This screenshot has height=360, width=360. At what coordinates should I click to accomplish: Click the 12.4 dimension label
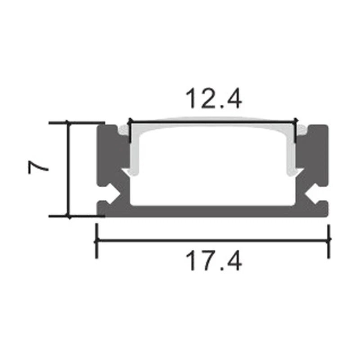click(213, 100)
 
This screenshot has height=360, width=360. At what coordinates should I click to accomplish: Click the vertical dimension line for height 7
click(68, 169)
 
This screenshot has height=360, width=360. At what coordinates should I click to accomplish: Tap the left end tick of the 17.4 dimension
click(96, 240)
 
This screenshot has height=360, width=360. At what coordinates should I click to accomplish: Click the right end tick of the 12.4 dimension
click(296, 130)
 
